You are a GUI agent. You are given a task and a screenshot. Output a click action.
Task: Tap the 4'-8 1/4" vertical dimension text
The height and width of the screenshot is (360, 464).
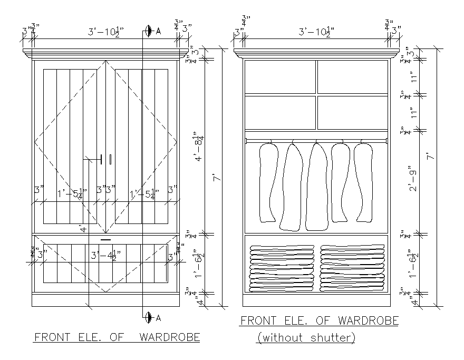200,149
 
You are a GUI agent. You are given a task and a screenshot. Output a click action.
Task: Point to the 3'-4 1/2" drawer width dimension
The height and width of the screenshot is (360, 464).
105,256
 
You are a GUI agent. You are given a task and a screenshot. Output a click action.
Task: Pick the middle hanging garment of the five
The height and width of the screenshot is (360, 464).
317,186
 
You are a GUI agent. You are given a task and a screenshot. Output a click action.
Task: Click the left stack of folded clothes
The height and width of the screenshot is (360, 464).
281,268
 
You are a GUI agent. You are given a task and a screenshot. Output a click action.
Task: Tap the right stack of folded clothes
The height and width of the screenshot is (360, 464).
352,268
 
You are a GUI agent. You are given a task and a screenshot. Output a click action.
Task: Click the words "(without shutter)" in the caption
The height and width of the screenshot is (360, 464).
306,337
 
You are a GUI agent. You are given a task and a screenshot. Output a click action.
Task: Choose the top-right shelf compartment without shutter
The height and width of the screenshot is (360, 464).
352,77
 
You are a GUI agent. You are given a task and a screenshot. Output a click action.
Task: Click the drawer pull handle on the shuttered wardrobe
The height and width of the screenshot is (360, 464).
105,240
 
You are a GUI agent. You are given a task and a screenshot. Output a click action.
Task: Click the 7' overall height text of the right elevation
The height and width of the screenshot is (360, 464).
430,157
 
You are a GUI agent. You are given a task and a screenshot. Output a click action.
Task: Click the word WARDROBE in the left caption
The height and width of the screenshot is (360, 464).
169,337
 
